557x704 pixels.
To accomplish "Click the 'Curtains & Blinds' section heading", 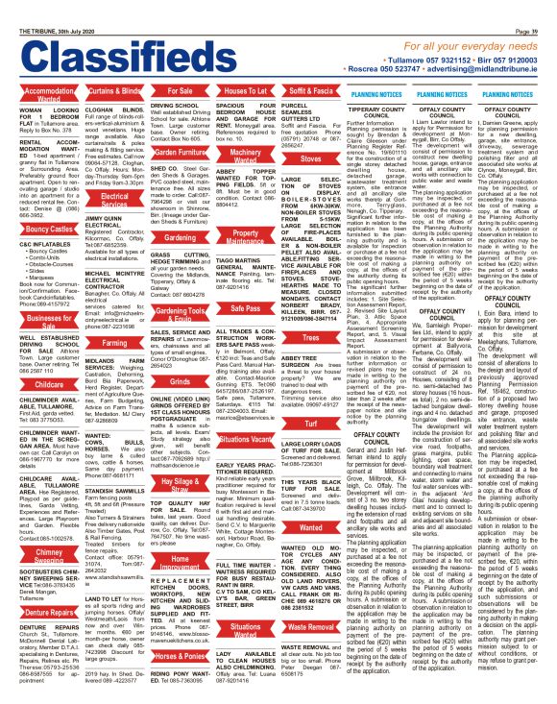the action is [113, 90].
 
